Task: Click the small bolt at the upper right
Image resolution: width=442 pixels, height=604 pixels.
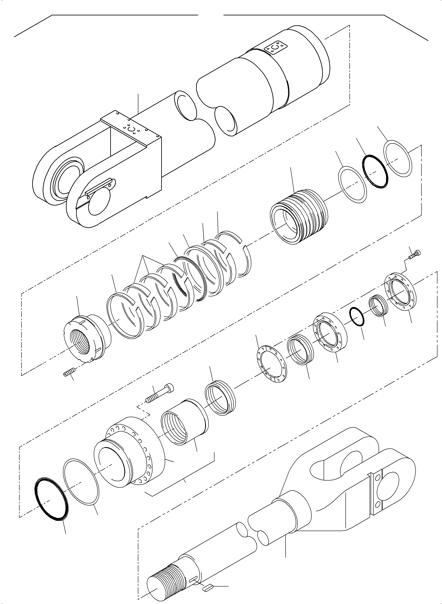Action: (x=415, y=254)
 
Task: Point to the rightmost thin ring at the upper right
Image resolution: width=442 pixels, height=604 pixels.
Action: (x=398, y=158)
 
